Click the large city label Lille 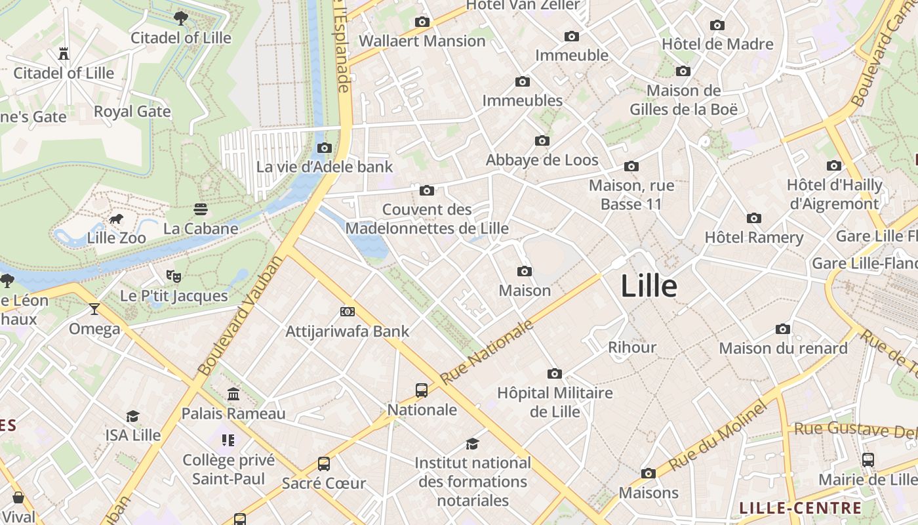(x=649, y=286)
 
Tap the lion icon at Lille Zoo (x=117, y=219)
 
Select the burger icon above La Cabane (x=201, y=209)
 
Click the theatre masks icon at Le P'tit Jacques (x=173, y=276)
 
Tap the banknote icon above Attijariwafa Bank (x=348, y=312)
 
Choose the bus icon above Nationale (x=422, y=390)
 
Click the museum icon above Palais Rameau (x=233, y=394)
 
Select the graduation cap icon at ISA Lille (x=133, y=416)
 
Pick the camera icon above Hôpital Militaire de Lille (x=555, y=374)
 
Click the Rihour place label (x=632, y=347)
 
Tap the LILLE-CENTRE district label (x=800, y=507)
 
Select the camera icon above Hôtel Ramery (x=754, y=218)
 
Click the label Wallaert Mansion (x=422, y=41)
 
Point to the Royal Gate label (x=132, y=111)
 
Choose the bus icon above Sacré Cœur (x=324, y=464)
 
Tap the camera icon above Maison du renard (x=783, y=329)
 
